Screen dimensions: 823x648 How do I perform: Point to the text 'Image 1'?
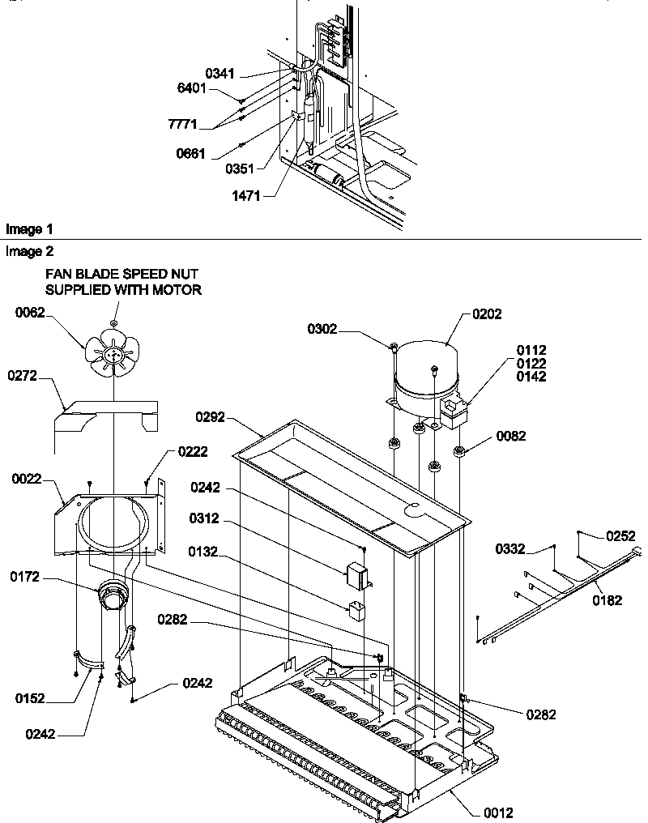tap(23, 230)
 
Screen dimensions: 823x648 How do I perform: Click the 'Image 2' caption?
tap(23, 252)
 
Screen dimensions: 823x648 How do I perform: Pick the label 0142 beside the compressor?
tap(531, 377)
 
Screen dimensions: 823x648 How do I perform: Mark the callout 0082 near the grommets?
tap(510, 437)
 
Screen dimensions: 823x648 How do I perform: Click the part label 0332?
tap(512, 550)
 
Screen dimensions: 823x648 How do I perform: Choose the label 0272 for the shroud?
tap(23, 376)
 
